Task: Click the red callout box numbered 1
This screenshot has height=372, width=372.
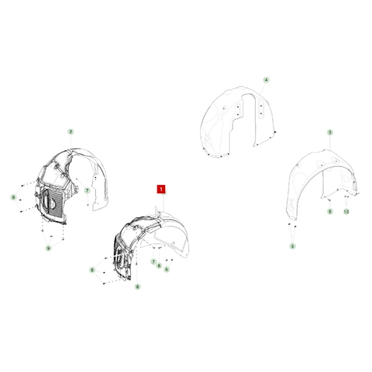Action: [161, 189]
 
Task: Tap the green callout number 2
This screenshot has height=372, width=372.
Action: [71, 132]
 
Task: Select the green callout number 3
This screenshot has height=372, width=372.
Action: [330, 132]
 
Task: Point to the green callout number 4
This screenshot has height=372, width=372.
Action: [266, 80]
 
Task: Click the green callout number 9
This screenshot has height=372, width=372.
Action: [48, 248]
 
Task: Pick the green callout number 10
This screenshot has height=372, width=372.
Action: [346, 212]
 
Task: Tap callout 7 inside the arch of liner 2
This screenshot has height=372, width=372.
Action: [87, 191]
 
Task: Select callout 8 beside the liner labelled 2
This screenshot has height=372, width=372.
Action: [13, 197]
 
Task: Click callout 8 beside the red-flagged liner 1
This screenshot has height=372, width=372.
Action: [92, 270]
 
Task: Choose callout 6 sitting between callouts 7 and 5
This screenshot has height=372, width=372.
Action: [159, 266]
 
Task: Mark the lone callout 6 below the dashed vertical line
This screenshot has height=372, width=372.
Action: [138, 287]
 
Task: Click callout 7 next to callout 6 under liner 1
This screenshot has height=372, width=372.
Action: [153, 262]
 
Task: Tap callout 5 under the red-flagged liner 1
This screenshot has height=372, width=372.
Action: [167, 269]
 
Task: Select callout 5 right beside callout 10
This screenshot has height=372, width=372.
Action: [330, 212]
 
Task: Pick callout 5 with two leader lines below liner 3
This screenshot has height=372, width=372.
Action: [292, 246]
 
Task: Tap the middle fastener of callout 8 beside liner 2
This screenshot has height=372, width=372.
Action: [20, 200]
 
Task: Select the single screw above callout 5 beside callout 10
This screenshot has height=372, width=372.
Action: [330, 201]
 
